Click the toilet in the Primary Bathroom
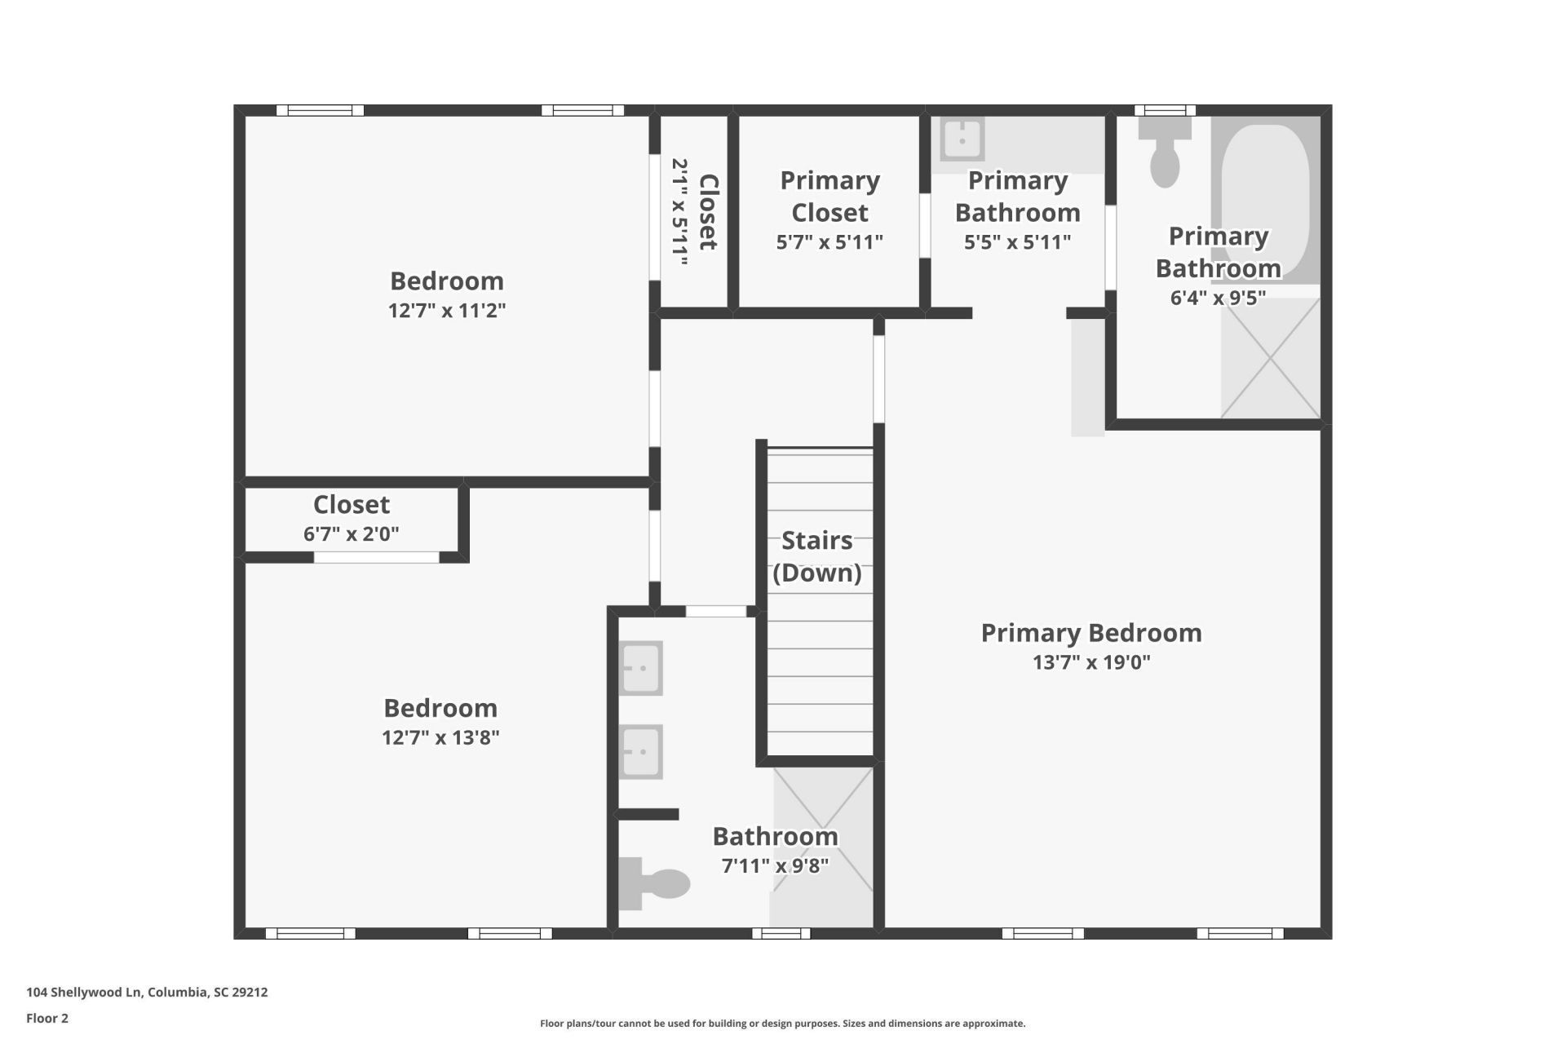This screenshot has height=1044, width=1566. point(1165,152)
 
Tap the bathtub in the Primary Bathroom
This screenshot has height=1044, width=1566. point(1265,199)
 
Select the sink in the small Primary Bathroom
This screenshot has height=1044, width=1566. point(962,139)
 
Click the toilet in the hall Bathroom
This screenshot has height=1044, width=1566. point(654,883)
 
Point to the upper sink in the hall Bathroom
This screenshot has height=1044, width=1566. point(640,668)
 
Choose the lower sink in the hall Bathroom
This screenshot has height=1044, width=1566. point(640,752)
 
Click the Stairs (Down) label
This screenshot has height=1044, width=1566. point(817,556)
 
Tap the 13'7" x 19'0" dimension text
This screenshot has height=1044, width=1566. point(1091,662)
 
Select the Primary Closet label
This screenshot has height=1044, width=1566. point(829,197)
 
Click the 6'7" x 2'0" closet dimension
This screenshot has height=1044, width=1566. point(352,534)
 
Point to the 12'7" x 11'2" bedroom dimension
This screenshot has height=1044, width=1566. point(447,311)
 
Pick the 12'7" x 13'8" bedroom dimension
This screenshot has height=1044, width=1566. point(440,737)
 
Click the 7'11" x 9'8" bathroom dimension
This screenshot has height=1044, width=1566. point(775,865)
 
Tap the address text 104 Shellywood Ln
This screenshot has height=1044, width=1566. point(84,993)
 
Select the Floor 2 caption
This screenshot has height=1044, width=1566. point(47,1018)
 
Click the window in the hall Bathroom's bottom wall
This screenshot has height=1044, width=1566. point(781,934)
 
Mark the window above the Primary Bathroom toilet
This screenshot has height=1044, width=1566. point(1165,110)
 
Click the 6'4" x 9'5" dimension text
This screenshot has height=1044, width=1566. point(1218,298)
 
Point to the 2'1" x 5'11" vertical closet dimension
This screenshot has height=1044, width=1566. point(680,212)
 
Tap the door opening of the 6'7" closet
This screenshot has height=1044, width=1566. point(377,558)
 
